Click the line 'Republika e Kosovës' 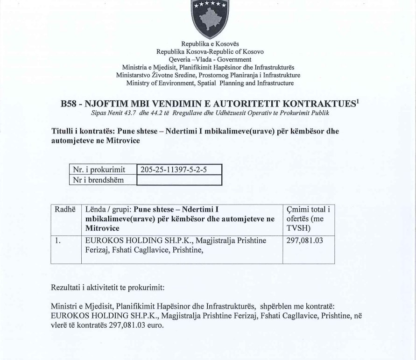pos(208,44)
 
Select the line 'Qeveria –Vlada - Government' pos(208,59)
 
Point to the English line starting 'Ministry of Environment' pos(208,83)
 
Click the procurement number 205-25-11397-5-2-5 pos(170,169)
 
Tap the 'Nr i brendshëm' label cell pos(98,180)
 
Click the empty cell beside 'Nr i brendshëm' pos(178,180)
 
